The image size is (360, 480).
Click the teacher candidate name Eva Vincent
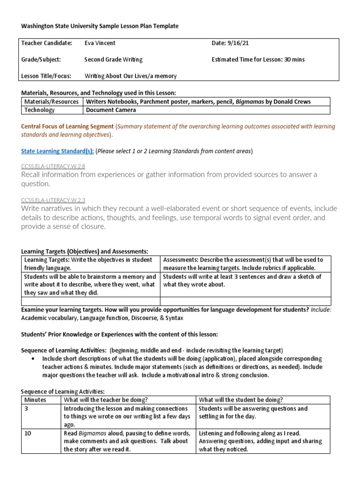(x=99, y=43)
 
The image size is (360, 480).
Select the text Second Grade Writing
(x=113, y=60)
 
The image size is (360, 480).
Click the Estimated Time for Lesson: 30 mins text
(x=258, y=60)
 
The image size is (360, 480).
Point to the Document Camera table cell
(x=111, y=110)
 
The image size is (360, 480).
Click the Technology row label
(x=39, y=110)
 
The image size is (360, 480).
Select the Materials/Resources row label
(x=51, y=102)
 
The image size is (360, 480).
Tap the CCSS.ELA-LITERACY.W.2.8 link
(x=53, y=166)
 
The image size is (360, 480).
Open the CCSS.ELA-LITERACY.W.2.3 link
(x=53, y=199)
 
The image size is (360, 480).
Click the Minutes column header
(x=35, y=399)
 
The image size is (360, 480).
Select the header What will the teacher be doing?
(x=106, y=399)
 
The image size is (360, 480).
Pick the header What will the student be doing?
(x=241, y=399)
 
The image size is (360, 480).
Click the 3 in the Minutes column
(x=26, y=408)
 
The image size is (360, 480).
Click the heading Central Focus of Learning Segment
(x=67, y=127)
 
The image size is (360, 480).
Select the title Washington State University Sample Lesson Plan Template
(x=100, y=26)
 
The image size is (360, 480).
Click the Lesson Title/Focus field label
(x=45, y=75)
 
